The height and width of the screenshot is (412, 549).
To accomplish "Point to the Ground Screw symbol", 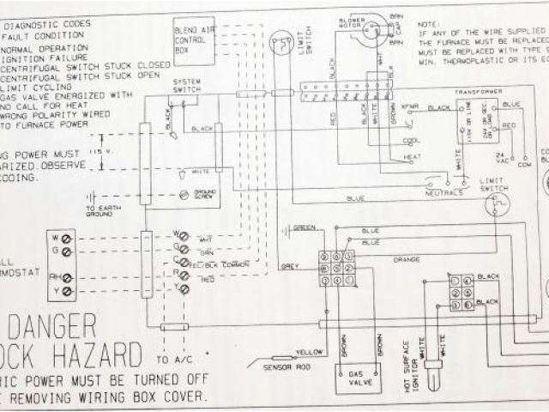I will pyautogui.click(x=184, y=196).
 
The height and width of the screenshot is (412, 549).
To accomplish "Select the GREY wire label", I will pyautogui.click(x=290, y=267).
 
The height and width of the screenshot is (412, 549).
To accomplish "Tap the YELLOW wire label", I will pyautogui.click(x=307, y=353).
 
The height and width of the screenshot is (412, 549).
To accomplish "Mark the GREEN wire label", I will pyautogui.click(x=304, y=227).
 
